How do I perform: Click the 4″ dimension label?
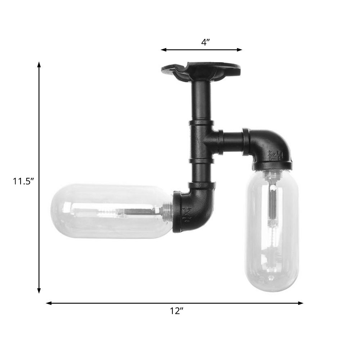pyautogui.click(x=205, y=42)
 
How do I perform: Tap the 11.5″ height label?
pyautogui.click(x=23, y=181)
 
